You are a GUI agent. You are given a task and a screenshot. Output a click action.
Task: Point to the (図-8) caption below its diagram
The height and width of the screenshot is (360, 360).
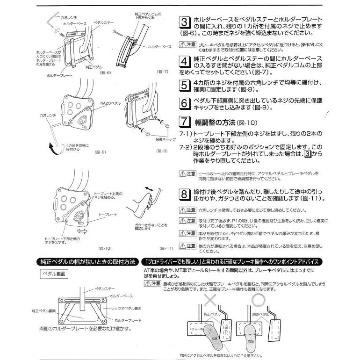click(x=101, y=152)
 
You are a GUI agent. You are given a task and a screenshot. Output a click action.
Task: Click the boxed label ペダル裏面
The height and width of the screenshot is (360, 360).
click(x=55, y=274)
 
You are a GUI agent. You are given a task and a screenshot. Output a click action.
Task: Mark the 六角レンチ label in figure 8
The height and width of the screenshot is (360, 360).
click(x=40, y=114)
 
